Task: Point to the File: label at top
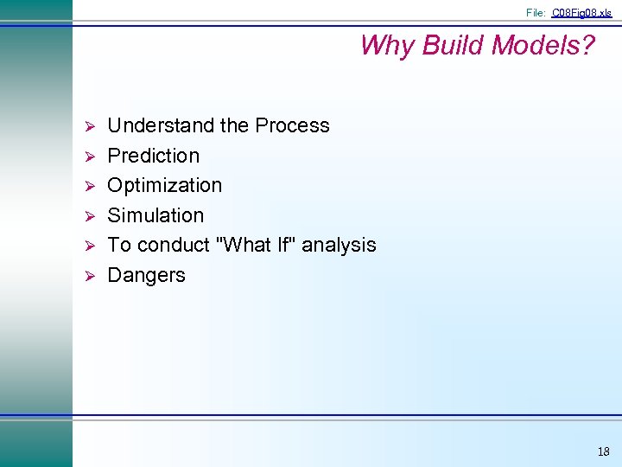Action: click(x=536, y=13)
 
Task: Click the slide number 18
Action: click(x=602, y=451)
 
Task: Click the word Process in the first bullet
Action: click(x=291, y=125)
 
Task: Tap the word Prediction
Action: click(x=153, y=156)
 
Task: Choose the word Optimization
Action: click(x=164, y=185)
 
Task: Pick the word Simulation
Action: click(x=155, y=215)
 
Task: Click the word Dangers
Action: click(x=146, y=275)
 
